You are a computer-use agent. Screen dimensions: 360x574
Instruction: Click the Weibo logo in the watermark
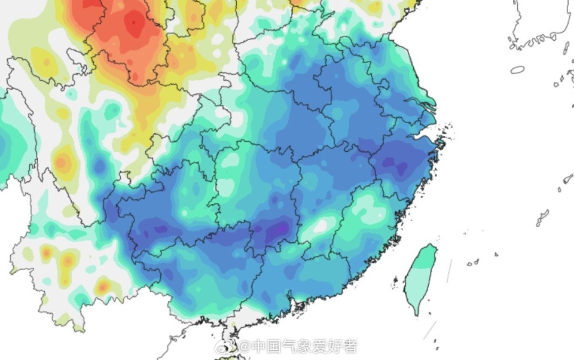click(x=228, y=346)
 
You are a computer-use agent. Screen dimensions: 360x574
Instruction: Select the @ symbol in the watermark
click(x=244, y=346)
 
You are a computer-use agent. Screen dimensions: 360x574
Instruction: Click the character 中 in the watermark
click(x=259, y=346)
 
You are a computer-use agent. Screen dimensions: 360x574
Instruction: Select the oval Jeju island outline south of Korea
click(x=517, y=70)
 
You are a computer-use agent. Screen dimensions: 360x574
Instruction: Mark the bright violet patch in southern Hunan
click(x=277, y=230)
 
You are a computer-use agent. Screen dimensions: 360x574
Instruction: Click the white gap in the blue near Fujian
click(x=321, y=225)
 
